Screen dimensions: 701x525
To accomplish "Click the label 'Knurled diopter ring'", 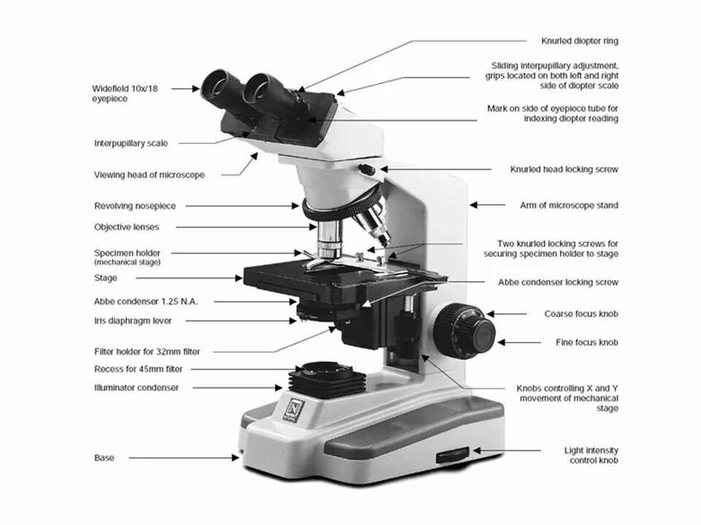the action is (x=579, y=42).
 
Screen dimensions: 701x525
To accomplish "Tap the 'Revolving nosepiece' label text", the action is (x=135, y=206).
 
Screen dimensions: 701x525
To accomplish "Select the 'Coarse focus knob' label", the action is (x=581, y=314).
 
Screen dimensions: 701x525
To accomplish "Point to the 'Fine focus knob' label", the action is (x=588, y=342).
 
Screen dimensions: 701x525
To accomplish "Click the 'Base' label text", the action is (x=104, y=458).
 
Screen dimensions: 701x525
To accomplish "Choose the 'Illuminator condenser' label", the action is (x=136, y=388).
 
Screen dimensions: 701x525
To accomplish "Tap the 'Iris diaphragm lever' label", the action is (x=133, y=320).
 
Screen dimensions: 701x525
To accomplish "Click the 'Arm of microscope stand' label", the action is (x=569, y=206).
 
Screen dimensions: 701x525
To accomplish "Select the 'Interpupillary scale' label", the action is (x=131, y=144).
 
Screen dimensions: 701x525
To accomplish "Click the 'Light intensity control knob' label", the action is (x=591, y=456).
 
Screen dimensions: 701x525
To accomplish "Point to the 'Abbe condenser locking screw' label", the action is (x=559, y=282).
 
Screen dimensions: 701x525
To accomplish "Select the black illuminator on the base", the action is (x=326, y=378).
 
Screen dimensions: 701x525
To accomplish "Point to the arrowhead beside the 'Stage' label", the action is (x=240, y=278).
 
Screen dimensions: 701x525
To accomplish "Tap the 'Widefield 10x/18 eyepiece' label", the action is (x=125, y=93).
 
